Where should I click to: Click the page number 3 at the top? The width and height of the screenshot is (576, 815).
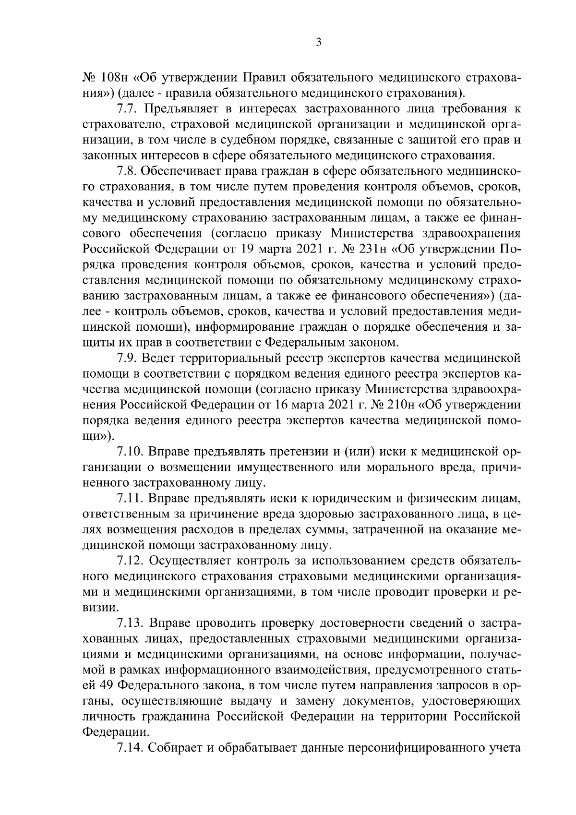(319, 43)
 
